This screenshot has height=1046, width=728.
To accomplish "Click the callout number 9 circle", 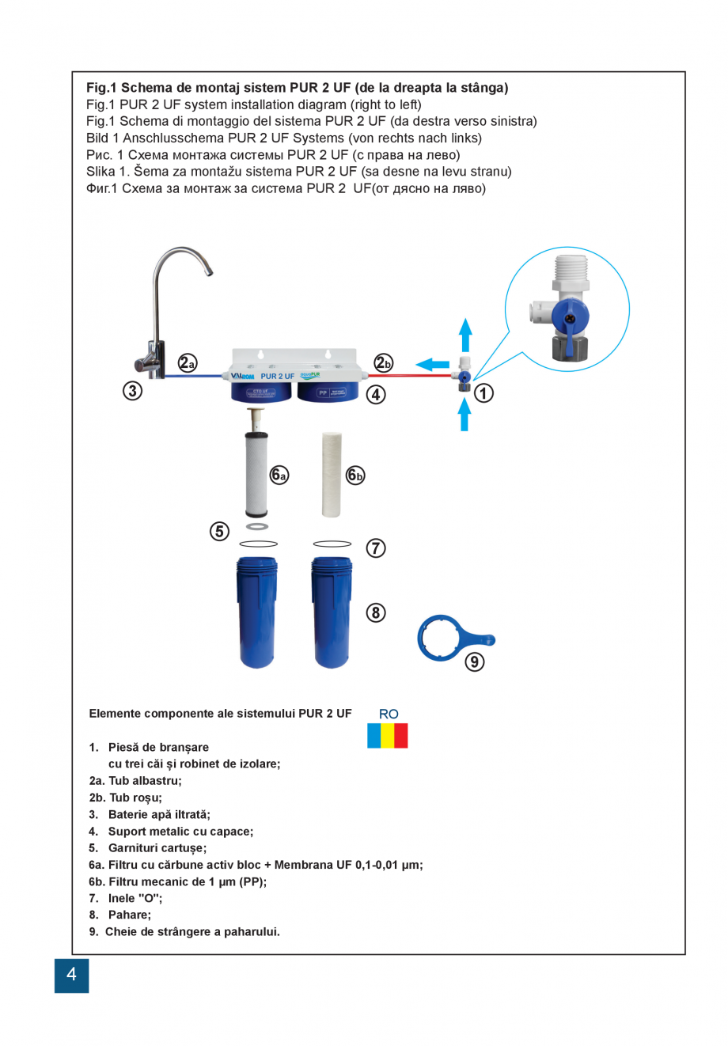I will [x=474, y=661].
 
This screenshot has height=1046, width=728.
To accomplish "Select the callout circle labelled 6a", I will [x=279, y=475].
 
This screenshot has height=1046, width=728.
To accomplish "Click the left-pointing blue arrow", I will [x=432, y=364].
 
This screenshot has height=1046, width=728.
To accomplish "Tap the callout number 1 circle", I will [x=483, y=392].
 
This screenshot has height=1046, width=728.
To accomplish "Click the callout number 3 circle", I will [x=132, y=390].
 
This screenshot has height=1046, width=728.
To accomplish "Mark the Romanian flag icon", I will [x=388, y=735].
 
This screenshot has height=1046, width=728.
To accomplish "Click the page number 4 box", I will [x=71, y=975].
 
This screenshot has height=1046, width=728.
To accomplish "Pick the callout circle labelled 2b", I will [x=384, y=362].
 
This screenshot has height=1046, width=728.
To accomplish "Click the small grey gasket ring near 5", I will [x=257, y=526].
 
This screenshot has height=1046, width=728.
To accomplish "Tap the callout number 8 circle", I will [x=376, y=612].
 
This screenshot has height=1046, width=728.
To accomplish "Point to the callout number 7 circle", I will [x=376, y=548].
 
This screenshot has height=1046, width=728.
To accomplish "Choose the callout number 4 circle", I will [x=376, y=394].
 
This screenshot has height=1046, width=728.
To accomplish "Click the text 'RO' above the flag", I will [x=389, y=714].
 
